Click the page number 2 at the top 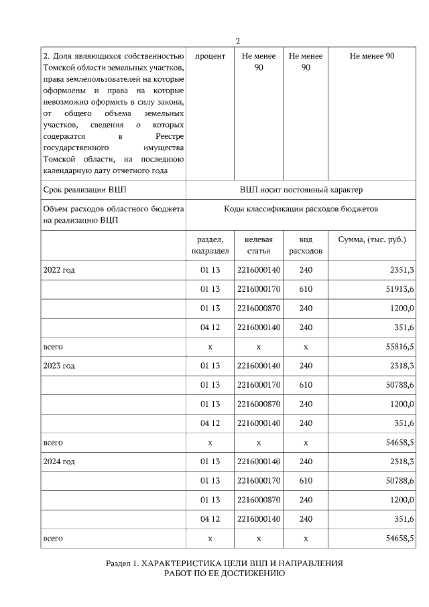pyautogui.click(x=238, y=42)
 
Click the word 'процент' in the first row pyautogui.click(x=210, y=56)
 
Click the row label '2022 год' pyautogui.click(x=60, y=270)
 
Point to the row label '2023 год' pyautogui.click(x=60, y=366)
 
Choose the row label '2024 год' pyautogui.click(x=60, y=462)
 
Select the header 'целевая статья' pyautogui.click(x=258, y=245)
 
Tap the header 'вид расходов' pyautogui.click(x=306, y=245)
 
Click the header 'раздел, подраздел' pyautogui.click(x=210, y=245)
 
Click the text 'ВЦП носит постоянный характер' pyautogui.click(x=300, y=190)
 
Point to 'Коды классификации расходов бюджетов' pyautogui.click(x=301, y=209)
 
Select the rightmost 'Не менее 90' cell pyautogui.click(x=372, y=56)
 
